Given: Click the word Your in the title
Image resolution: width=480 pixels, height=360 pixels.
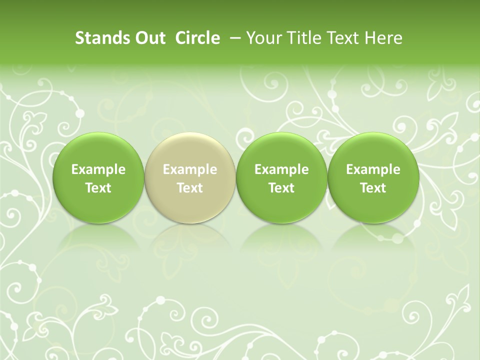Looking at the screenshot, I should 262,38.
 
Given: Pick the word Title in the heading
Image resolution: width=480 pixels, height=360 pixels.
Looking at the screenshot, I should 300,38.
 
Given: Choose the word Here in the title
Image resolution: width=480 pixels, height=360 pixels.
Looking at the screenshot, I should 382,38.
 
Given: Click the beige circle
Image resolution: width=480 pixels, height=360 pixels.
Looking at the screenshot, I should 190,178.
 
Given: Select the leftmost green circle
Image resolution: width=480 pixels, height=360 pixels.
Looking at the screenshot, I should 98,178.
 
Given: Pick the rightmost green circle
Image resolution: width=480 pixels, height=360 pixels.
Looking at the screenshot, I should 373,178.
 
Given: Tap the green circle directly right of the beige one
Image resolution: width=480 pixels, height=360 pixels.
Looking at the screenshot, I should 281,178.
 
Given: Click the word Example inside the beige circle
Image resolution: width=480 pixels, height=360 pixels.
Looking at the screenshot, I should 190,169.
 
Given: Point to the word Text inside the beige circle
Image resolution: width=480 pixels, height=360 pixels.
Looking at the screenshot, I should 190,188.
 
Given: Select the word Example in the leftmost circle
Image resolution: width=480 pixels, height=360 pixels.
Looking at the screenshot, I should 98,169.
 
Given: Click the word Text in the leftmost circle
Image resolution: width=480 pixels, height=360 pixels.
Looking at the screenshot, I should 98,188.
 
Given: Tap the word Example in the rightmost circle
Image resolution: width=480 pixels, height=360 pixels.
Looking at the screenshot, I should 373,169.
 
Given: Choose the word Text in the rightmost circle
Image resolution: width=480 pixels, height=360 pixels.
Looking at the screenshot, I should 373,188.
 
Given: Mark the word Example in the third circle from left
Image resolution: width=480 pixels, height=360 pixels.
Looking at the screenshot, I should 281,169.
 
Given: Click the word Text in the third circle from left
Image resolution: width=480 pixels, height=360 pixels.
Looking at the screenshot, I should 281,188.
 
